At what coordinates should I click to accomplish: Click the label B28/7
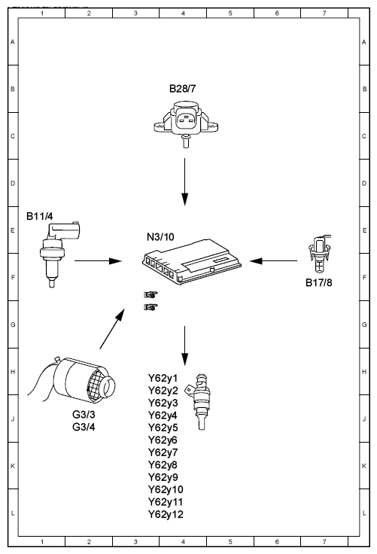182,88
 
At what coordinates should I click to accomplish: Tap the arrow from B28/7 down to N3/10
184,181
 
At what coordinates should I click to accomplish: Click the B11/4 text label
40,216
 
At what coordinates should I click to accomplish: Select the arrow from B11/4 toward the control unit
99,261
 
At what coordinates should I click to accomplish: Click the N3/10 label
160,236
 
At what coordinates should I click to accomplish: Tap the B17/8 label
319,282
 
